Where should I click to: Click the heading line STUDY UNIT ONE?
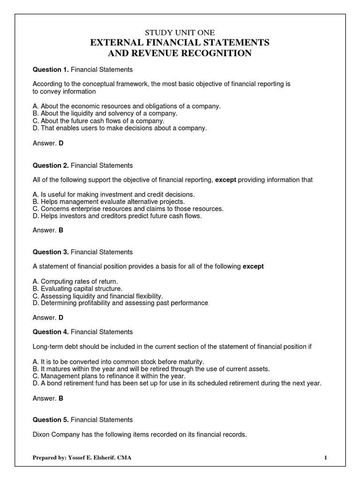[180, 32]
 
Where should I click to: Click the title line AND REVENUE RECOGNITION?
[180, 53]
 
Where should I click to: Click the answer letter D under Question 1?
[60, 143]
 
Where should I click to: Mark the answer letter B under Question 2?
[60, 230]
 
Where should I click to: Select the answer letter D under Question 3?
[60, 317]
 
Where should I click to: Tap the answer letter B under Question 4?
[60, 398]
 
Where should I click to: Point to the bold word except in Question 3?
[253, 267]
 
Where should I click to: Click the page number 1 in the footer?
[325, 457]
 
